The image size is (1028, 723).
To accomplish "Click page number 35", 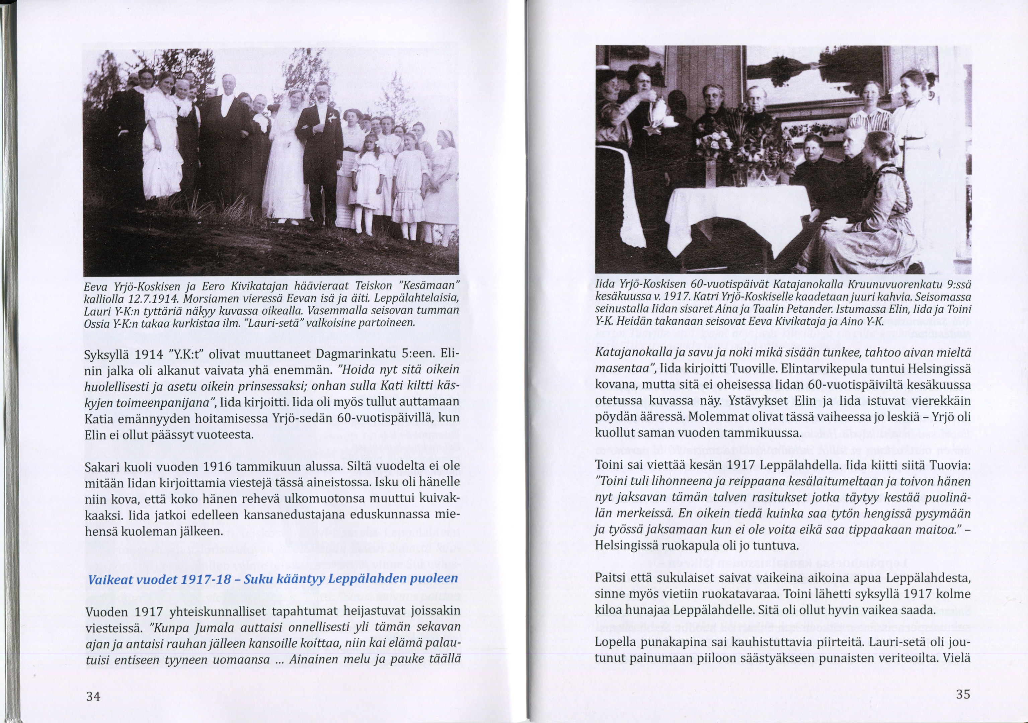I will click(963, 694).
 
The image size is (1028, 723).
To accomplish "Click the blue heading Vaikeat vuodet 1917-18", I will click(273, 579).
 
